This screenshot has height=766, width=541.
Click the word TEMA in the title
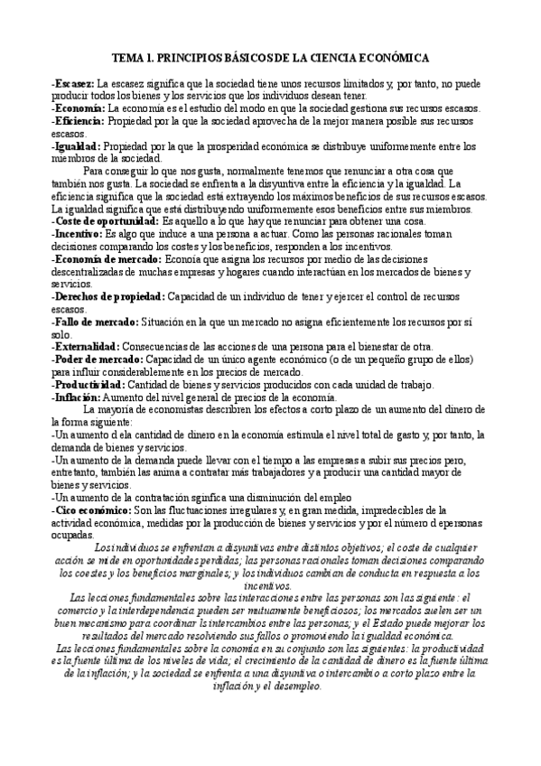pyautogui.click(x=134, y=57)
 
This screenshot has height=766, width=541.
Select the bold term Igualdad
pyautogui.click(x=78, y=146)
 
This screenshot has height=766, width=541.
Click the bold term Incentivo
pyautogui.click(x=79, y=234)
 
